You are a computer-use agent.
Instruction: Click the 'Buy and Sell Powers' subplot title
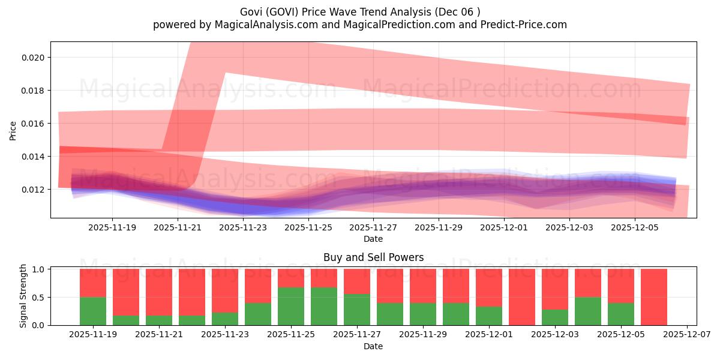pos(373,257)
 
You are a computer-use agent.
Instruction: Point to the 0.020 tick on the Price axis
pos(33,58)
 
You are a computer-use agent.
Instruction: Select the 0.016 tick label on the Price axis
pos(33,124)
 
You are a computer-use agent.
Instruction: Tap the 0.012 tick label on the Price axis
pos(33,190)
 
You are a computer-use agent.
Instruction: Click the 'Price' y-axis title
pos(13,130)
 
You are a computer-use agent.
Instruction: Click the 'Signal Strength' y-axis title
pos(23,296)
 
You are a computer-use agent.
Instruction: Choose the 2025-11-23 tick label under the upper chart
pos(244,228)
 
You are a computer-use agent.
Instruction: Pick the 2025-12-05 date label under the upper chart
pos(635,228)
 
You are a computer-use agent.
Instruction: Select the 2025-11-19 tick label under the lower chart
pos(93,335)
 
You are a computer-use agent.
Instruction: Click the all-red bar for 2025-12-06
pos(653,297)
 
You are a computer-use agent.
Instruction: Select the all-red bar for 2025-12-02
pos(521,297)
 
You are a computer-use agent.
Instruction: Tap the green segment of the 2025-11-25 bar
pos(291,306)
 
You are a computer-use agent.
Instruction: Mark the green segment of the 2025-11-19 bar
pos(93,311)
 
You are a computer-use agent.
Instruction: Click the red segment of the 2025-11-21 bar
pos(159,292)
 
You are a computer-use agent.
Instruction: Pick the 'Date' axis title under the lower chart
pos(373,346)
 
